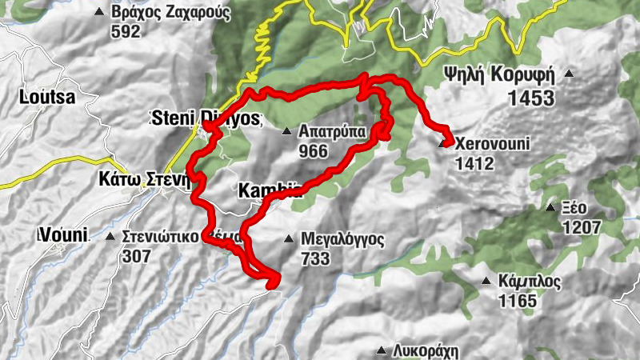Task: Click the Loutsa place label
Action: [x=47, y=98]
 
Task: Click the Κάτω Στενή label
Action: [x=140, y=178]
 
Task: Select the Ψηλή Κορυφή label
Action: [x=501, y=75]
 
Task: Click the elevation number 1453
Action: [x=530, y=98]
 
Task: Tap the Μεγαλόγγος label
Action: [x=342, y=239]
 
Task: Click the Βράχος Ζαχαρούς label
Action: [x=172, y=14]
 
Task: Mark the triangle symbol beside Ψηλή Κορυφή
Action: [x=569, y=74]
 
